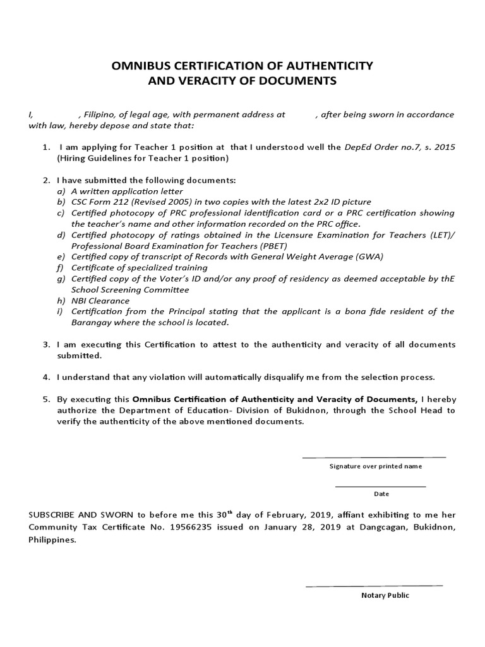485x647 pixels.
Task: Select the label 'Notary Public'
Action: pyautogui.click(x=385, y=595)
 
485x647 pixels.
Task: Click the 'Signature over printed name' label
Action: pyautogui.click(x=375, y=466)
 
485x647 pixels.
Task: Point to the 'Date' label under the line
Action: pyautogui.click(x=381, y=493)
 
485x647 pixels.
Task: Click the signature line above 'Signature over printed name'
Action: pyautogui.click(x=374, y=456)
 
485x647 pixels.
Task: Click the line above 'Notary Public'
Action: pyautogui.click(x=374, y=586)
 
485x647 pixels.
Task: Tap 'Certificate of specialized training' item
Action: pyautogui.click(x=139, y=268)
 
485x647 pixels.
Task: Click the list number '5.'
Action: pyautogui.click(x=46, y=399)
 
